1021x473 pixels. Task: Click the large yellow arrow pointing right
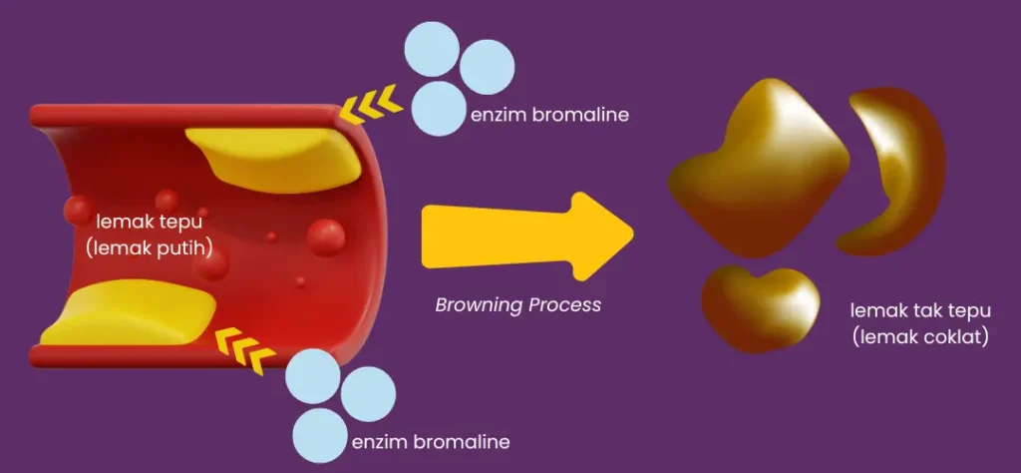tap(527, 236)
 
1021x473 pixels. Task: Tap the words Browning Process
tap(517, 305)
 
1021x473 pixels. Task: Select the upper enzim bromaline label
tap(549, 116)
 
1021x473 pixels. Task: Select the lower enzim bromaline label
tap(431, 442)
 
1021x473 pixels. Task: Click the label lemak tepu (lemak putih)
tap(150, 235)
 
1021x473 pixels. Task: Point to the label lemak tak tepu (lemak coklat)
tap(920, 323)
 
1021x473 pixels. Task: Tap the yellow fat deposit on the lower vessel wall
tap(129, 312)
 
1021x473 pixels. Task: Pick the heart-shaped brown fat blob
tap(760, 306)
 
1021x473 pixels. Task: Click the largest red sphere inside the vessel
tap(326, 237)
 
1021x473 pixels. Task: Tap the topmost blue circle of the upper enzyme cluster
tap(432, 49)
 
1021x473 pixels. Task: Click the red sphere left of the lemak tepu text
tap(79, 212)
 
